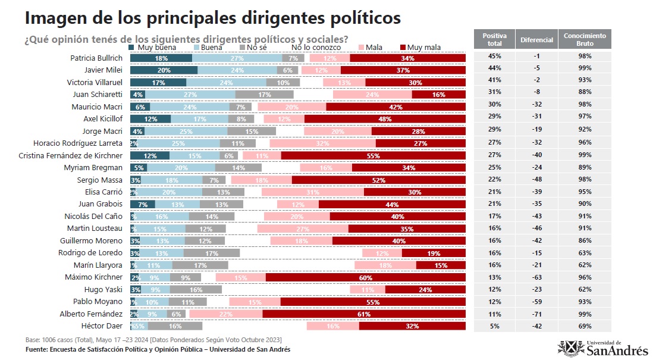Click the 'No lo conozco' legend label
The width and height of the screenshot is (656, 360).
pyautogui.click(x=316, y=47)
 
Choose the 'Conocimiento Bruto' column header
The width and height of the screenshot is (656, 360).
pyautogui.click(x=585, y=39)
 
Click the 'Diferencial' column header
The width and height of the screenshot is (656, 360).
pyautogui.click(x=536, y=39)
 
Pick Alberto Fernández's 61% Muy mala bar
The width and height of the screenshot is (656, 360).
pyautogui.click(x=363, y=314)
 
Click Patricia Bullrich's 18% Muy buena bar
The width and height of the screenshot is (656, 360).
pyautogui.click(x=161, y=58)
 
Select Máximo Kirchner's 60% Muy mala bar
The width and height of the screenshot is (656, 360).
pyautogui.click(x=365, y=277)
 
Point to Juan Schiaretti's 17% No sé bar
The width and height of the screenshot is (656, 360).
pyautogui.click(x=265, y=95)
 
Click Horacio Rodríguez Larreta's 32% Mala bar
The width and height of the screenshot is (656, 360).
pyautogui.click(x=322, y=143)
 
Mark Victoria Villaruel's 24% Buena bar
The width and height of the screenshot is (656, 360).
pyautogui.click(x=226, y=82)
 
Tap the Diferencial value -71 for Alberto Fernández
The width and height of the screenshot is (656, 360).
pyautogui.click(x=536, y=314)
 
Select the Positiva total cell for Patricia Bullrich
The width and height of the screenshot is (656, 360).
pyautogui.click(x=494, y=56)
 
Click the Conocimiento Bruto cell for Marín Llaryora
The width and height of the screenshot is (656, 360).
pyautogui.click(x=585, y=265)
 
